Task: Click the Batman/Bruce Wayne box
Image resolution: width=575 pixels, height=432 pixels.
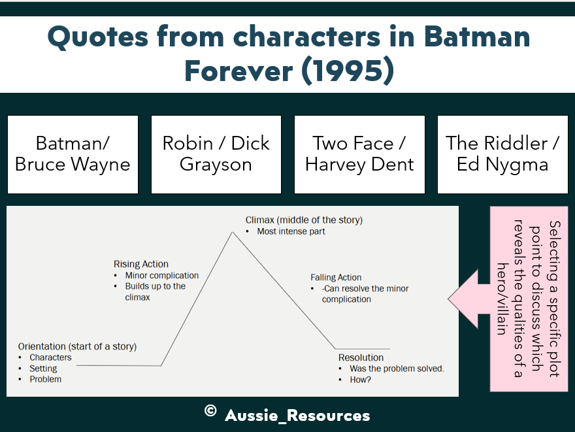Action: [x=73, y=154]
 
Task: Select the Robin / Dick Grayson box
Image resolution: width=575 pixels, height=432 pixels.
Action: [x=216, y=154]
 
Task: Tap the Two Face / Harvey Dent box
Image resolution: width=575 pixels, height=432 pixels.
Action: [x=359, y=154]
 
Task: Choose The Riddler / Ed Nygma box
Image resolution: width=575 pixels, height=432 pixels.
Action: [x=502, y=154]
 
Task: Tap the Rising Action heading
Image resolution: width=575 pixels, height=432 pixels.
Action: [x=141, y=264]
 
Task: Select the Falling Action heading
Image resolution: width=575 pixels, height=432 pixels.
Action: [x=336, y=277]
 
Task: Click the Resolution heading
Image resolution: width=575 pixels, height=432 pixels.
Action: [x=361, y=357]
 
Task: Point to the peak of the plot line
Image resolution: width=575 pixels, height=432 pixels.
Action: [x=232, y=232]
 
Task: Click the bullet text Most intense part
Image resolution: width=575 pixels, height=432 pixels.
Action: [x=291, y=231]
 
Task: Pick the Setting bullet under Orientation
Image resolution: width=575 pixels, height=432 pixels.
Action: [x=43, y=369]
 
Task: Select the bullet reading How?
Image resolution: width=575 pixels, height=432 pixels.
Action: [x=360, y=379]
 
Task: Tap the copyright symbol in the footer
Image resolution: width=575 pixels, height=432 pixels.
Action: [x=210, y=411]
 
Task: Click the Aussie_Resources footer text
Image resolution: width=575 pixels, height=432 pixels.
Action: [x=297, y=415]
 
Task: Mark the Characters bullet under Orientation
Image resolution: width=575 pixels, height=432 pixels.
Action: [x=50, y=357]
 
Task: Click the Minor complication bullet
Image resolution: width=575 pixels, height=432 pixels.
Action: [x=161, y=275]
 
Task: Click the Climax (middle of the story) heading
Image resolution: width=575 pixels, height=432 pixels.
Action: [x=304, y=220]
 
